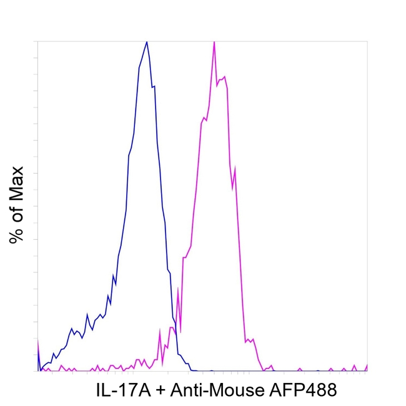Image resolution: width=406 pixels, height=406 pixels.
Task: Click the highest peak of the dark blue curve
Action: [147, 42]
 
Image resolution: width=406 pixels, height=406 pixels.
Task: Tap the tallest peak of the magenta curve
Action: [214, 42]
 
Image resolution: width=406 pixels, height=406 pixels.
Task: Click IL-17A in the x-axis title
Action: [122, 390]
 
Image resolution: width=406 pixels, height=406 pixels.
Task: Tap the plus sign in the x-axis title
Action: [161, 391]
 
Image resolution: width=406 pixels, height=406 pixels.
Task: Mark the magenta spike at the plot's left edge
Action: [38, 341]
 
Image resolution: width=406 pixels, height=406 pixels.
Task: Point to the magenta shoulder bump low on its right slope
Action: [249, 340]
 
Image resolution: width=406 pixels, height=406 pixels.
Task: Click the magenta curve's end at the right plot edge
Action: [367, 365]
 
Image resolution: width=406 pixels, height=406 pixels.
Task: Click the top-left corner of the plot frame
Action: [38, 41]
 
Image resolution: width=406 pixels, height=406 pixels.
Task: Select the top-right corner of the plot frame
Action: [367, 41]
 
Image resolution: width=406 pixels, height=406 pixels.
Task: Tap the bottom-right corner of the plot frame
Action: [367, 371]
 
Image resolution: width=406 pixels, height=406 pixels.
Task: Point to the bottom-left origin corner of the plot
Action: [38, 371]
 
